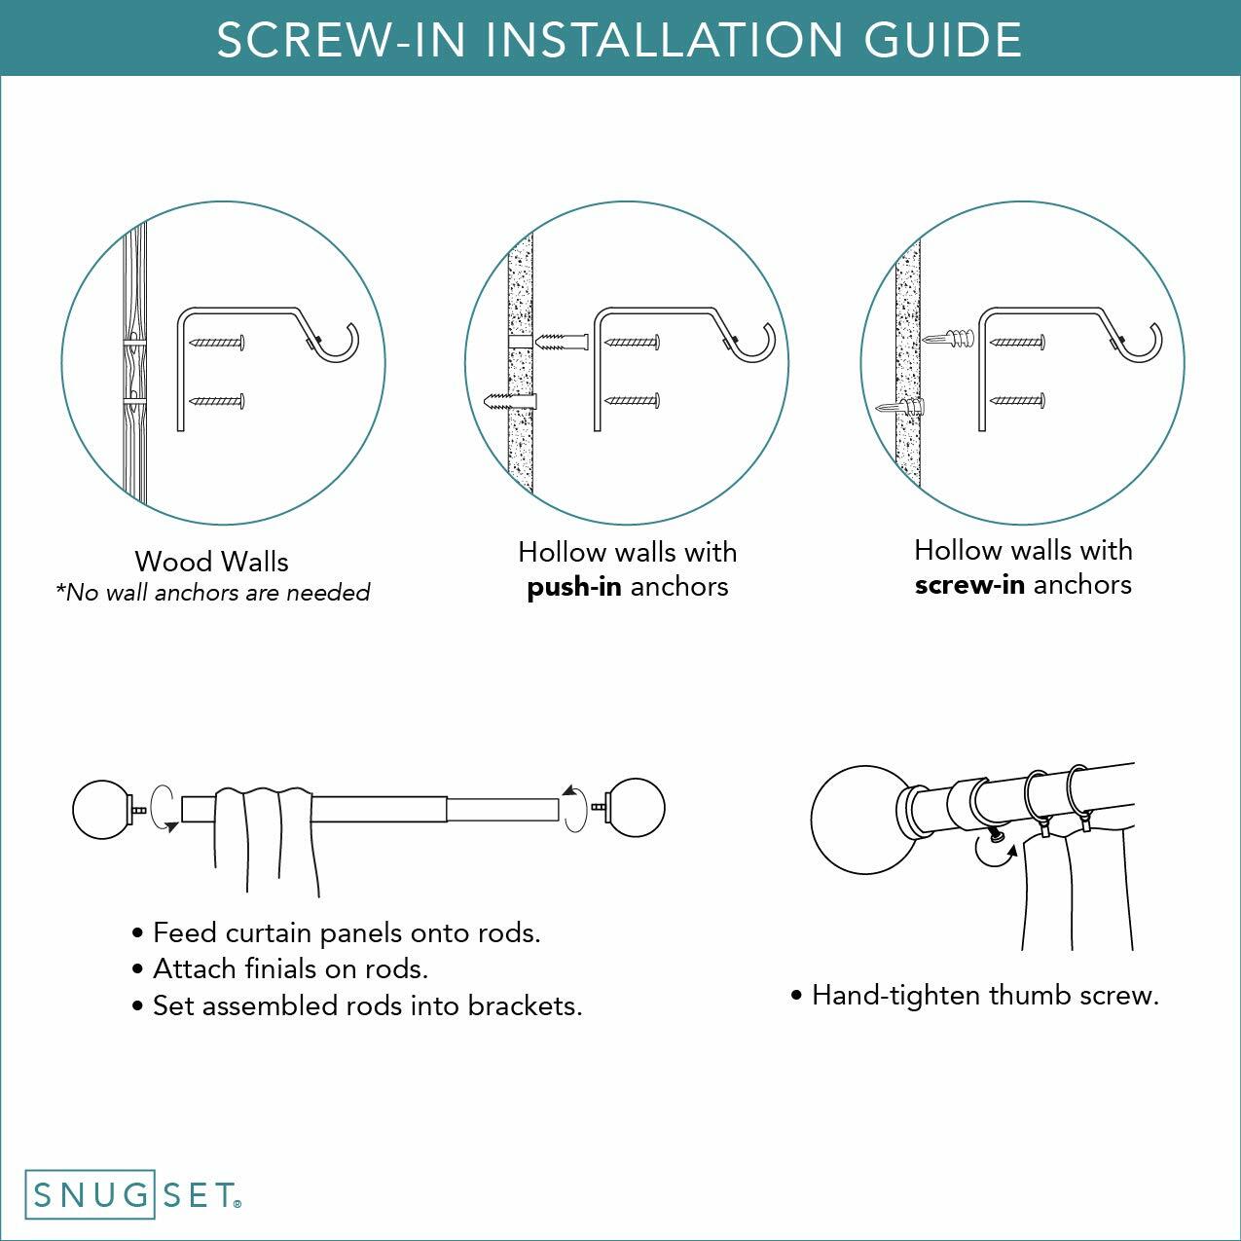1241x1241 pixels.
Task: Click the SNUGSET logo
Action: pyautogui.click(x=133, y=1194)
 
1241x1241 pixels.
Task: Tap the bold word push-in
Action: pyautogui.click(x=573, y=587)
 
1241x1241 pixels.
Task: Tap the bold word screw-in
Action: pyautogui.click(x=968, y=585)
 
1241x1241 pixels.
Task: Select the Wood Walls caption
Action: pyautogui.click(x=211, y=562)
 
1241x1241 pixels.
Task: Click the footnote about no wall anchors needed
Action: pyautogui.click(x=213, y=593)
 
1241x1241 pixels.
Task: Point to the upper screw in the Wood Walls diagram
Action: pyautogui.click(x=218, y=343)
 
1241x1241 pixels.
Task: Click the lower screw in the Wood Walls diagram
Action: pyautogui.click(x=218, y=401)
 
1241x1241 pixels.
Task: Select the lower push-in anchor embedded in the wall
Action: pyautogui.click(x=512, y=402)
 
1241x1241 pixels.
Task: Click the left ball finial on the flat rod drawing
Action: pyautogui.click(x=101, y=808)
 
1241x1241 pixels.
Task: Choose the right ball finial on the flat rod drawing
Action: pyautogui.click(x=636, y=808)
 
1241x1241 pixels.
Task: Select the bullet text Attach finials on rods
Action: pyautogui.click(x=290, y=969)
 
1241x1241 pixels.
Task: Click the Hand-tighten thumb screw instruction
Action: pyautogui.click(x=984, y=996)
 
